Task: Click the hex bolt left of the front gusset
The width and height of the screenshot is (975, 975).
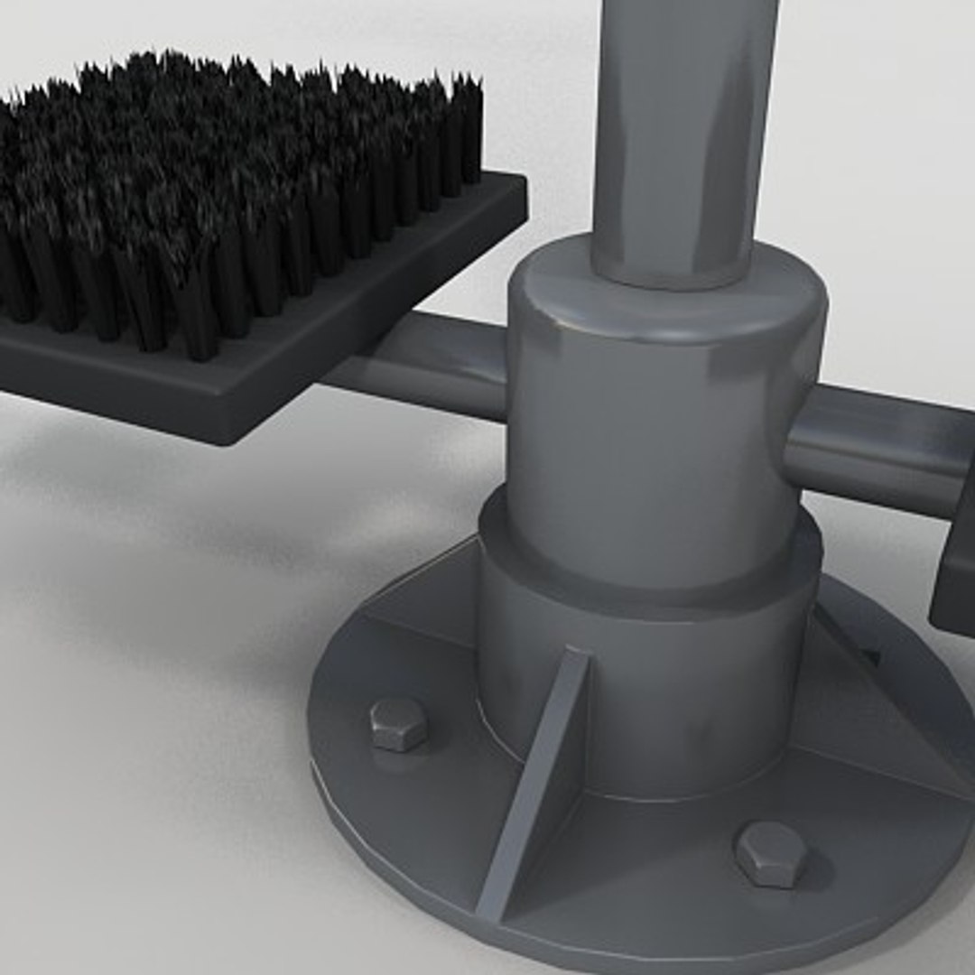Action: tap(398, 723)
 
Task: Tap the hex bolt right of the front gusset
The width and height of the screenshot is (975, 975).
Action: tap(770, 853)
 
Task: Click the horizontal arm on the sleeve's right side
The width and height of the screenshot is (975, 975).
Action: tap(880, 447)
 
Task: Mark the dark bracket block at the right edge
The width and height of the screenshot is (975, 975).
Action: tap(955, 569)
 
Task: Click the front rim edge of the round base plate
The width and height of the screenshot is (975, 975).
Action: tap(542, 939)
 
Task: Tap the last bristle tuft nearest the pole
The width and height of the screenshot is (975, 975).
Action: tap(468, 126)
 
